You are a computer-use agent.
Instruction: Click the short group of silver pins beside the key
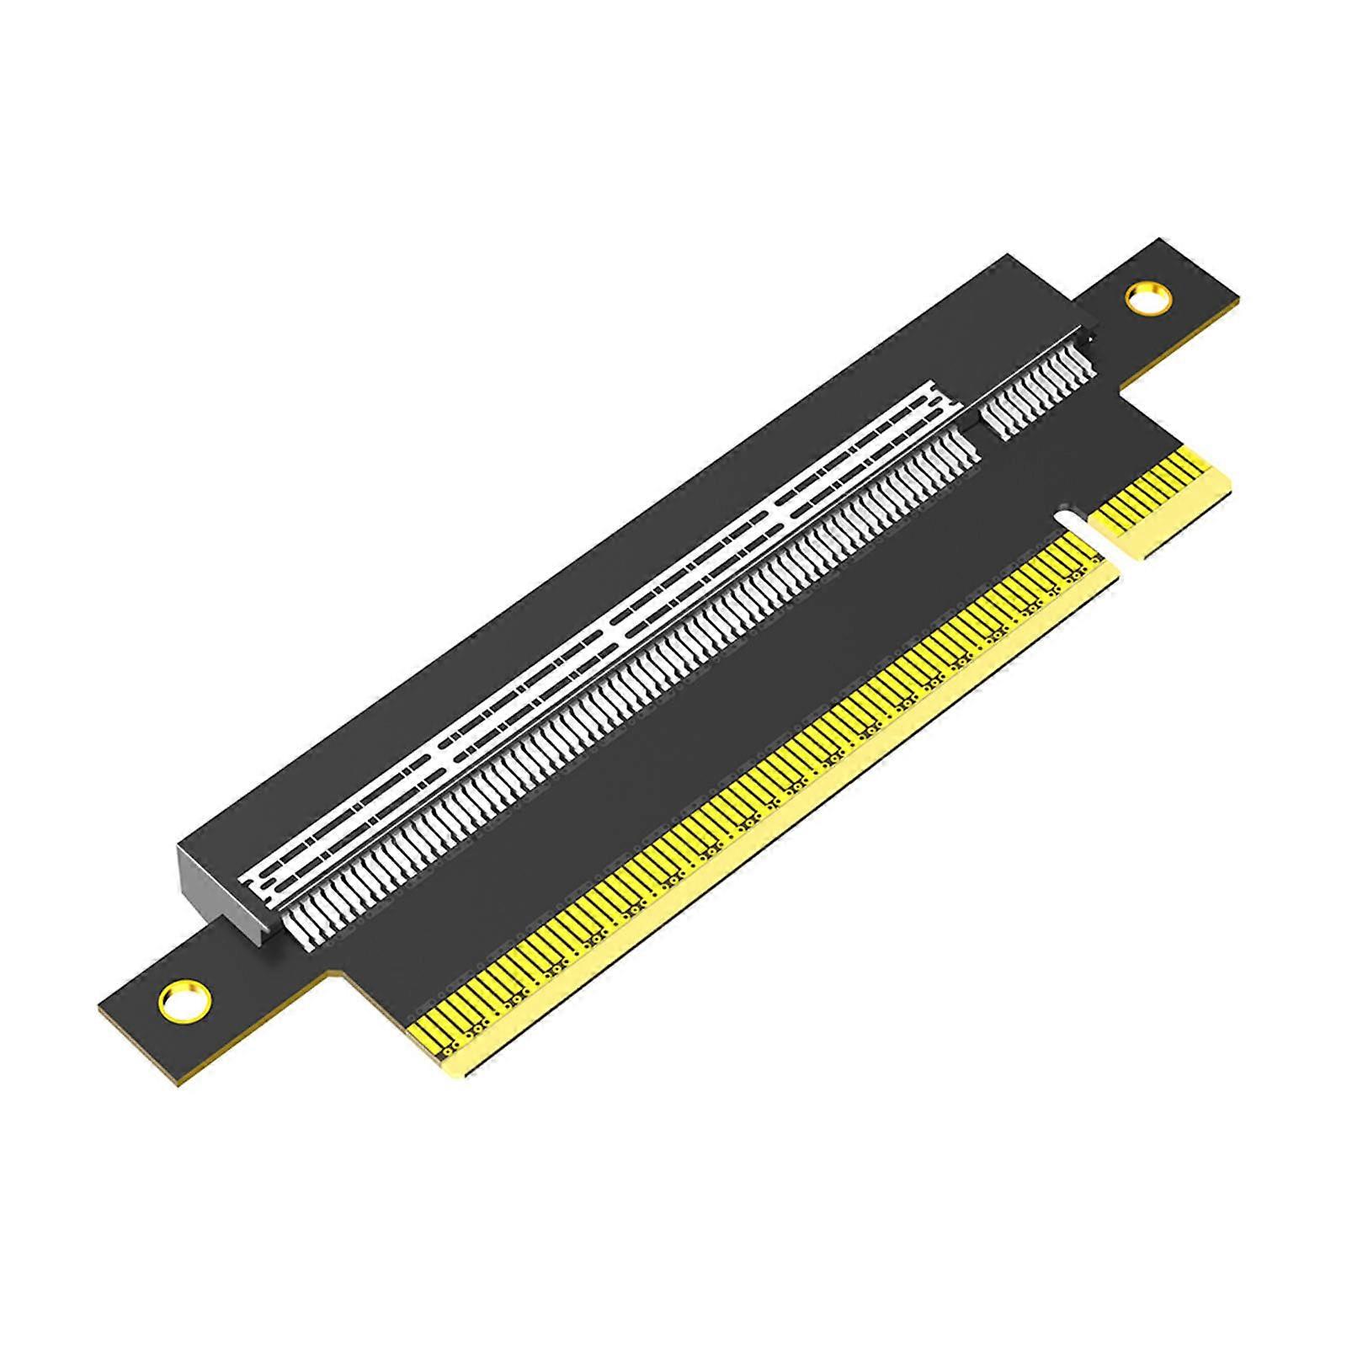tap(1041, 394)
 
